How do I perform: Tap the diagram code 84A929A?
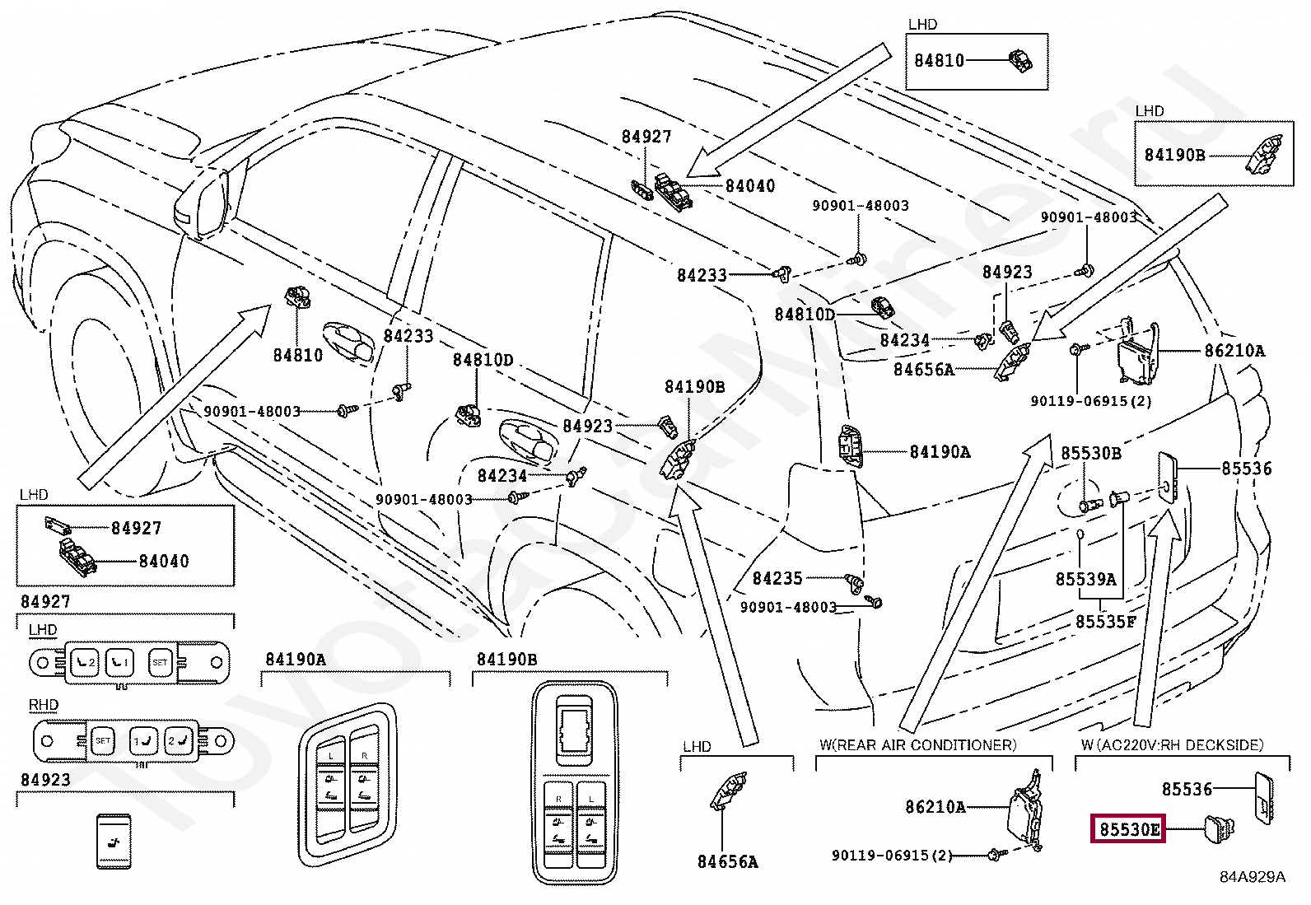click(x=1252, y=876)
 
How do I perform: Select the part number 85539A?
click(x=1085, y=580)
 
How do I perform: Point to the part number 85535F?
click(x=1105, y=622)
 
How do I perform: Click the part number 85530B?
click(x=1090, y=453)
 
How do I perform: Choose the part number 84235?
click(x=777, y=579)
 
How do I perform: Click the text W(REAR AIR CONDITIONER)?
click(x=917, y=744)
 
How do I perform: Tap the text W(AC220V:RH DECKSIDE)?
click(x=1172, y=744)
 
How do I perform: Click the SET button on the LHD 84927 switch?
click(x=159, y=661)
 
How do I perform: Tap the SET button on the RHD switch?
click(x=102, y=740)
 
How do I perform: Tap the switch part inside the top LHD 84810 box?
click(x=1021, y=61)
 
